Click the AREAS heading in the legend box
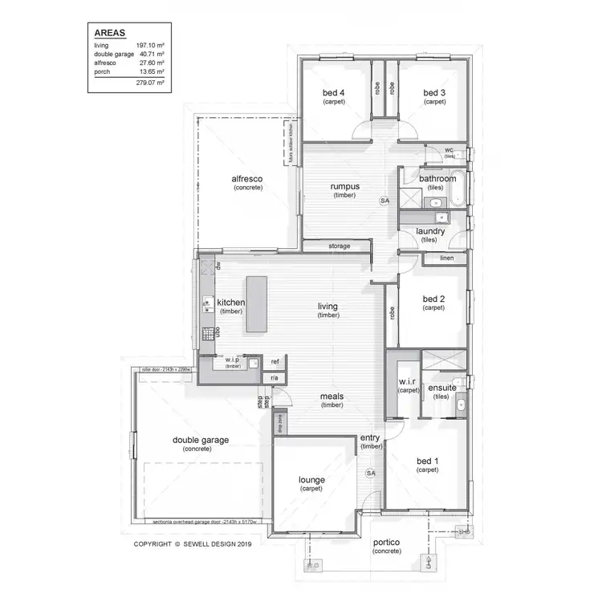coord(108,34)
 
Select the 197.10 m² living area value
coord(149,46)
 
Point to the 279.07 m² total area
coord(149,83)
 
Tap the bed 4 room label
coord(333,94)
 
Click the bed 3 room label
coord(434,94)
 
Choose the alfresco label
coord(248,179)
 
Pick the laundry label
coord(430,231)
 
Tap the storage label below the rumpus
coord(339,246)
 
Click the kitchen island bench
coord(257,305)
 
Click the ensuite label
coord(442,388)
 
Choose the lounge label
coord(312,480)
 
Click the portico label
coord(386,543)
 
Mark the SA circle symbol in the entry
coord(371,474)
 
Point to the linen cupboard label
coord(446,258)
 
